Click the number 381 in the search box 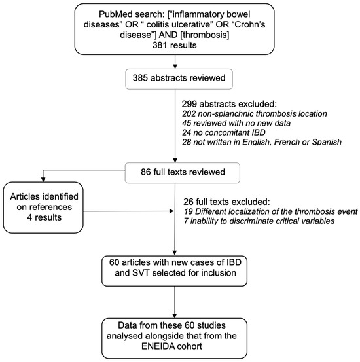pyautogui.click(x=161, y=45)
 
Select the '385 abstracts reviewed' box pyautogui.click(x=179, y=79)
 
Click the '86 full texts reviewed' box pyautogui.click(x=183, y=173)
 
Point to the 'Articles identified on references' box pyautogui.click(x=43, y=208)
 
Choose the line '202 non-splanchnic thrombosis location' pyautogui.click(x=254, y=114)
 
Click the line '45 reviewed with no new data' pyautogui.click(x=236, y=123)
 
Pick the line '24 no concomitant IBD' pyautogui.click(x=224, y=132)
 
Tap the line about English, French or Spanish pyautogui.click(x=262, y=142)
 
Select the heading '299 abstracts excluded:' pyautogui.click(x=229, y=104)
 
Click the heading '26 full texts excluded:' pyautogui.click(x=226, y=202)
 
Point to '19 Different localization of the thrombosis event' pyautogui.click(x=270, y=211)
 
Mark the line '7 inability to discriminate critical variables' pyautogui.click(x=259, y=221)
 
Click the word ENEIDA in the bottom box pyautogui.click(x=158, y=346)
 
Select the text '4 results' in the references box pyautogui.click(x=44, y=217)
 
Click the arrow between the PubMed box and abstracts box pyautogui.click(x=175, y=62)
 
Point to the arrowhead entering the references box pyautogui.click(x=43, y=179)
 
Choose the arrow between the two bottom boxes pyautogui.click(x=175, y=302)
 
